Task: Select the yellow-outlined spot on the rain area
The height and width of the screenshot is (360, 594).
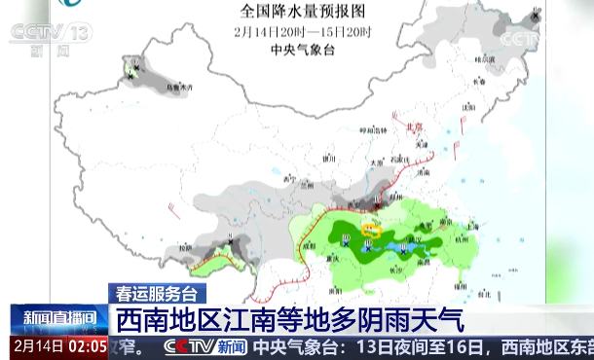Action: coord(370,231)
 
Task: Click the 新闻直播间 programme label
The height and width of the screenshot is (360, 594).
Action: coord(58,317)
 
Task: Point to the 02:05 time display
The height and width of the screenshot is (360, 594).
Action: coord(87,345)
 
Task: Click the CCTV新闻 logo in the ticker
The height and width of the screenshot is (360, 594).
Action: coord(205,346)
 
